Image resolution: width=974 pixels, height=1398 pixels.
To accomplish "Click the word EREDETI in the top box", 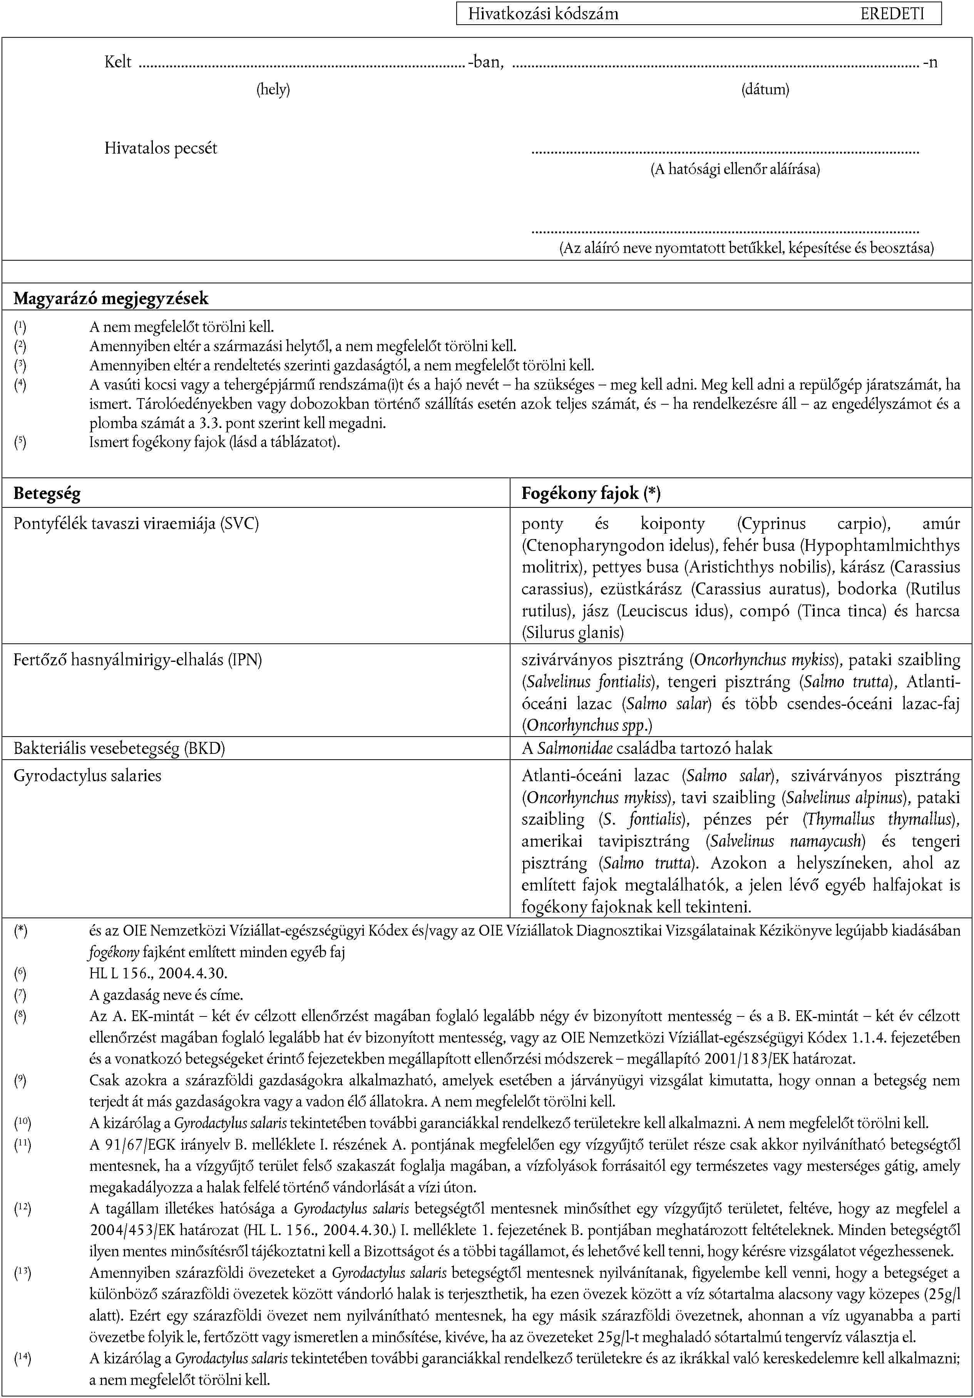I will pos(892,14).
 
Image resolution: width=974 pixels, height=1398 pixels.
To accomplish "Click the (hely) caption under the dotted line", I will pos(273,89).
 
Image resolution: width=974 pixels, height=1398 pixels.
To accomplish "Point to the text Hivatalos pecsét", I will pos(161,148).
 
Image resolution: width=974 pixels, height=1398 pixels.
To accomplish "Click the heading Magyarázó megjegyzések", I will pos(111,298).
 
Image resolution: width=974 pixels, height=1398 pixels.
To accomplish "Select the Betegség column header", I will pos(47,493).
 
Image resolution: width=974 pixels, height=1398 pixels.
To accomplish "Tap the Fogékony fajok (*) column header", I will pos(591,493).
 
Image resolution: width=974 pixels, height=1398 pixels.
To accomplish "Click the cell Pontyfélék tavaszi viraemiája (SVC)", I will pos(136,523).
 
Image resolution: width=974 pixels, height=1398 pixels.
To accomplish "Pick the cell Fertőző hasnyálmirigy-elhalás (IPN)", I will pos(137,660).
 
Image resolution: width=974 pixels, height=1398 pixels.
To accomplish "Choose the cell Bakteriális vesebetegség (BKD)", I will pos(119,748).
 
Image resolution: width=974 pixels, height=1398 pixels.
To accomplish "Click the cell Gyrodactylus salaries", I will pos(88,776).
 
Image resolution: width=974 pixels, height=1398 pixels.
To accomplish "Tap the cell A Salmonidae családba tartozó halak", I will pos(646,748).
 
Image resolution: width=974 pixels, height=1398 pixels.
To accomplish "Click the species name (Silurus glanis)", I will pos(573,633).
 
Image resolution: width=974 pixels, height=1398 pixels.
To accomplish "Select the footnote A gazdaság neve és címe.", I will pos(166,995).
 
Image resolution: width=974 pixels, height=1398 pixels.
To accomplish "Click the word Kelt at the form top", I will pos(118,62).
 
